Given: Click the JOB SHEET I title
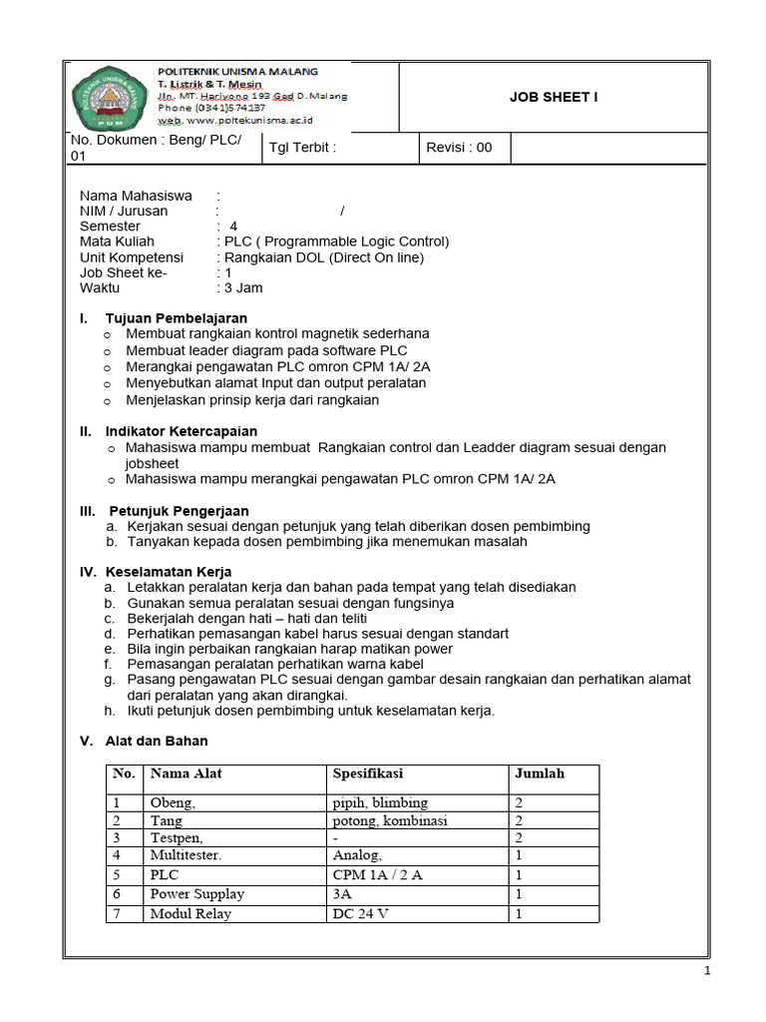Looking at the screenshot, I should (x=554, y=97).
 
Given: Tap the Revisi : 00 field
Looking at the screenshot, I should (x=459, y=148).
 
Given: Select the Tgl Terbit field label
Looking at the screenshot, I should (x=303, y=148).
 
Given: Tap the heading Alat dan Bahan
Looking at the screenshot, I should (x=157, y=742).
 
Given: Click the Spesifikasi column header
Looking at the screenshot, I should (x=368, y=773).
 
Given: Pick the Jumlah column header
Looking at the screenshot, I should (x=539, y=773).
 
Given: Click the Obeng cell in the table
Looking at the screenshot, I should (x=173, y=802).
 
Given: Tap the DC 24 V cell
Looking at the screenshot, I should (x=361, y=913).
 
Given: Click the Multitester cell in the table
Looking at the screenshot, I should (x=187, y=856).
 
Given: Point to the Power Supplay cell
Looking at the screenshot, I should (x=196, y=894).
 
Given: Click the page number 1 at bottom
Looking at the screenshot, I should (x=707, y=972).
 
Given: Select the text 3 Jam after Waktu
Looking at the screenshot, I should (x=244, y=287).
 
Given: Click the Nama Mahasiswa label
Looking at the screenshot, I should (x=136, y=196).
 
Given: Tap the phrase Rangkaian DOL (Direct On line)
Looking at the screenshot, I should (x=324, y=257).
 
